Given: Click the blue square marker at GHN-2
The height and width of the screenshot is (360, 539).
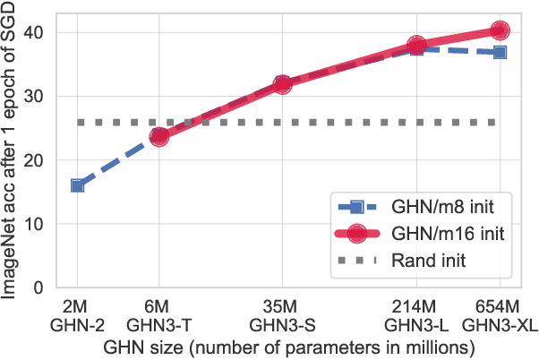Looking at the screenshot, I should pos(78,185).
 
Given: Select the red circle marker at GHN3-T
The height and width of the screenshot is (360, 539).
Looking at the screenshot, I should pos(159,137).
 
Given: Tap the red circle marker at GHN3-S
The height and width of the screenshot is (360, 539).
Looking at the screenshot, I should pos(283,84).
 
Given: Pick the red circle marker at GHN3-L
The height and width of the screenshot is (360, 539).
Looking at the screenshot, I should pos(416,45).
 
